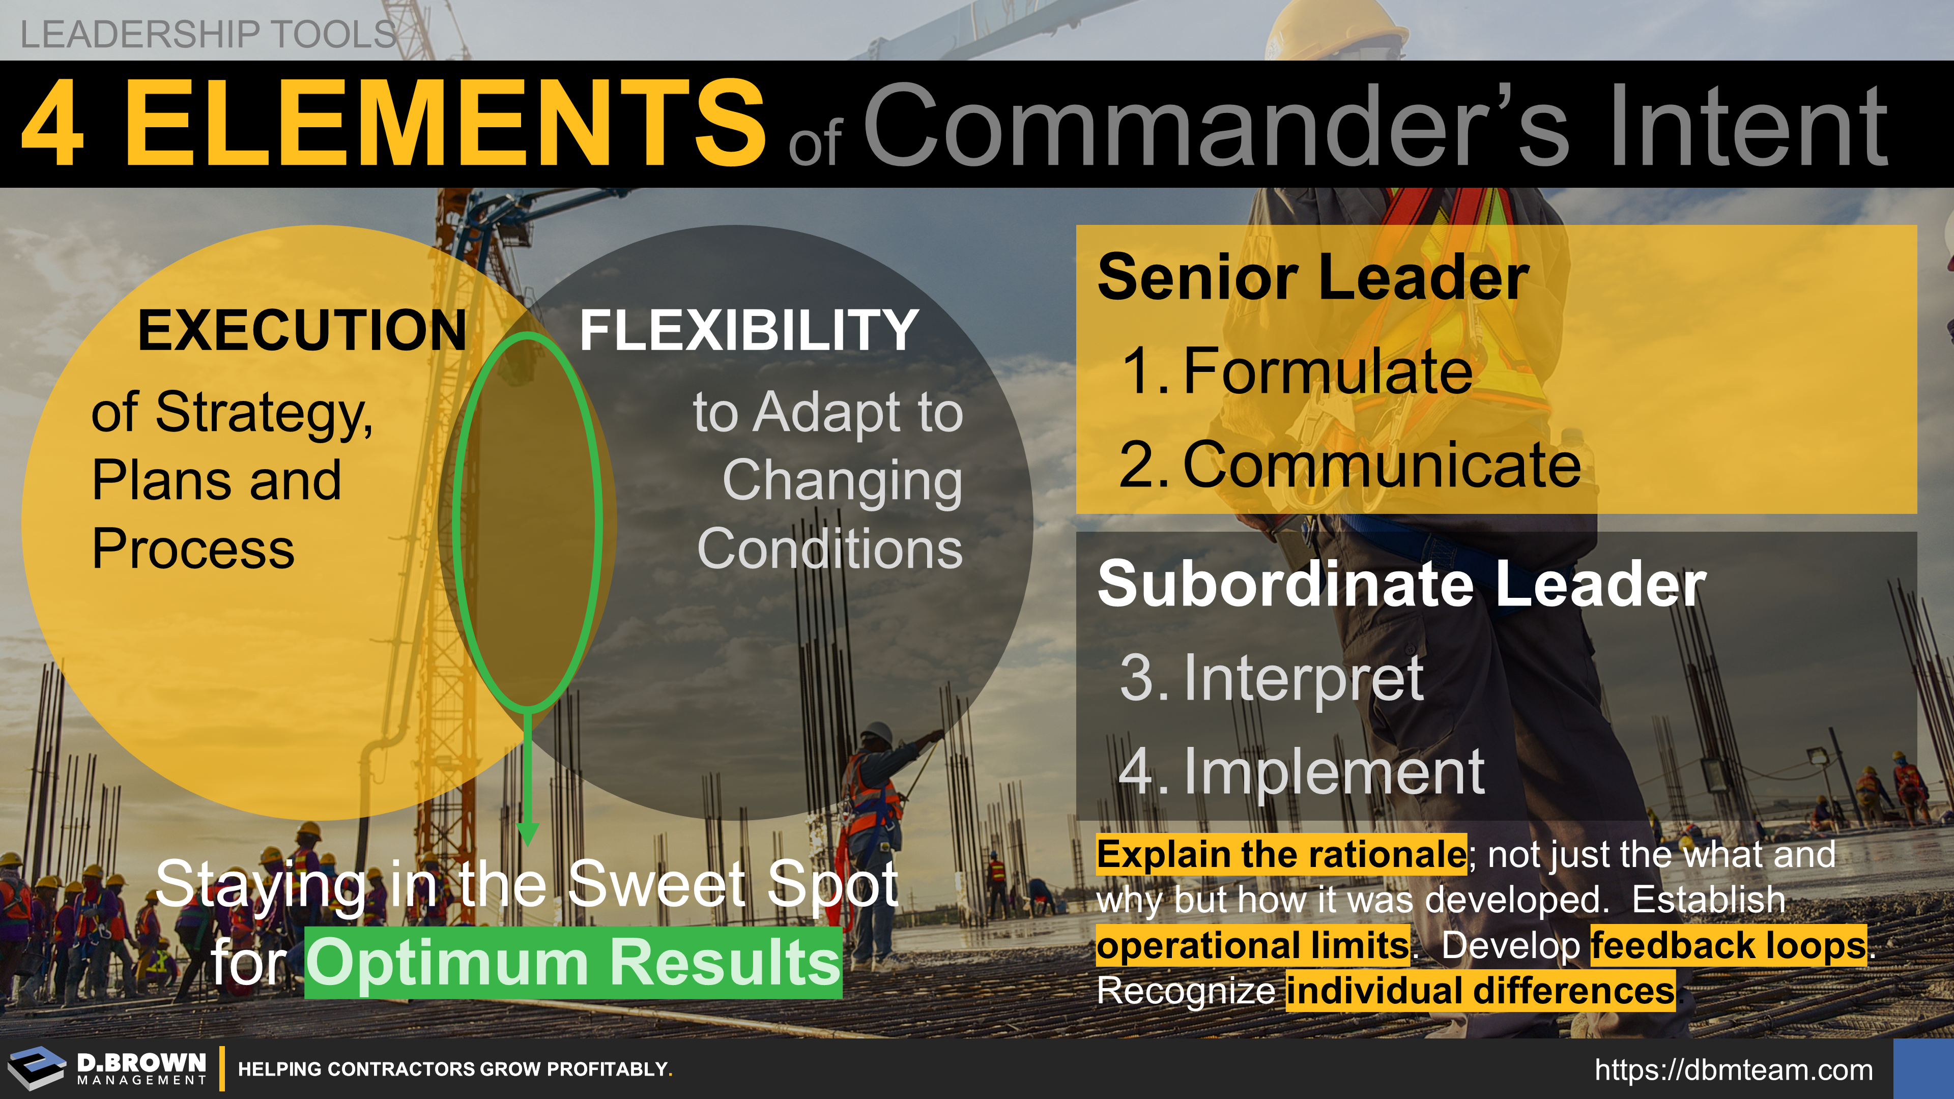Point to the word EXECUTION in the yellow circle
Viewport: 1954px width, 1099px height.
pyautogui.click(x=302, y=331)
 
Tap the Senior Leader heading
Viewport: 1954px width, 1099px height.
pyautogui.click(x=1313, y=278)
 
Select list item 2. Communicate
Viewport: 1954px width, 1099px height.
pyautogui.click(x=1350, y=464)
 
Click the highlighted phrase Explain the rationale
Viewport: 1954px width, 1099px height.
pyautogui.click(x=1282, y=855)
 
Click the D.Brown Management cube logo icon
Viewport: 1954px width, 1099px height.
pyautogui.click(x=37, y=1068)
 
